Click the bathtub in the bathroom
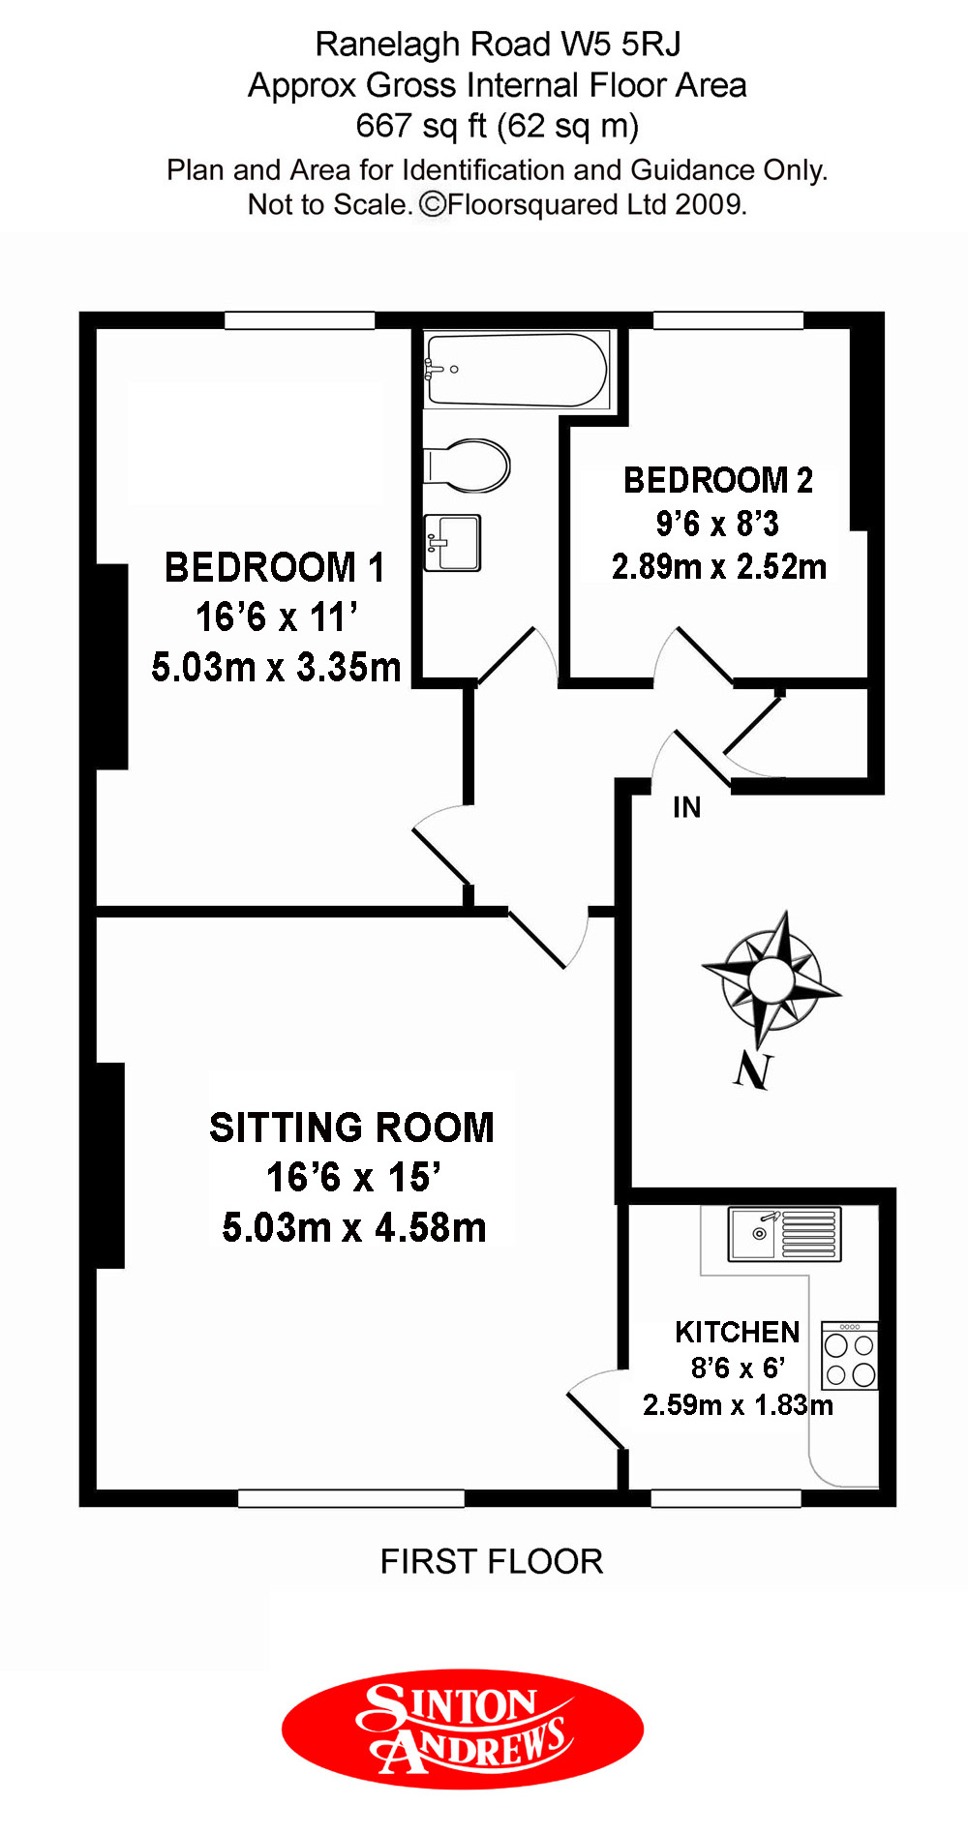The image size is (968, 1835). pyautogui.click(x=518, y=370)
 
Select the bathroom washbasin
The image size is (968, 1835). pyautogui.click(x=453, y=542)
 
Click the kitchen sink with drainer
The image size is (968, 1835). pyautogui.click(x=785, y=1234)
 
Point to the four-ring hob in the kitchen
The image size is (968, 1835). pyautogui.click(x=850, y=1356)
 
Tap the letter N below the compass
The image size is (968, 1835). pyautogui.click(x=752, y=1069)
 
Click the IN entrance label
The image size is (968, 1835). pyautogui.click(x=686, y=807)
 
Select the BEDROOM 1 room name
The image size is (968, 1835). pyautogui.click(x=275, y=568)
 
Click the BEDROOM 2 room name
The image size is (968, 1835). pyautogui.click(x=718, y=480)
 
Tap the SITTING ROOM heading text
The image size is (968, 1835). pyautogui.click(x=351, y=1128)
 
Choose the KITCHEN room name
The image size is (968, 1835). pyautogui.click(x=738, y=1333)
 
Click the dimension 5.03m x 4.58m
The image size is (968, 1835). pyautogui.click(x=354, y=1227)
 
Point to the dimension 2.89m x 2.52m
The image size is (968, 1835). pyautogui.click(x=719, y=566)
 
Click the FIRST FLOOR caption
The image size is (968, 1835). pyautogui.click(x=492, y=1561)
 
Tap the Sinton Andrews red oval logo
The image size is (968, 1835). pyautogui.click(x=463, y=1729)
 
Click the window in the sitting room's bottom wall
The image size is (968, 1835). pyautogui.click(x=351, y=1498)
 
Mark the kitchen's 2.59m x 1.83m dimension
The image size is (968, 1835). pyautogui.click(x=738, y=1404)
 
